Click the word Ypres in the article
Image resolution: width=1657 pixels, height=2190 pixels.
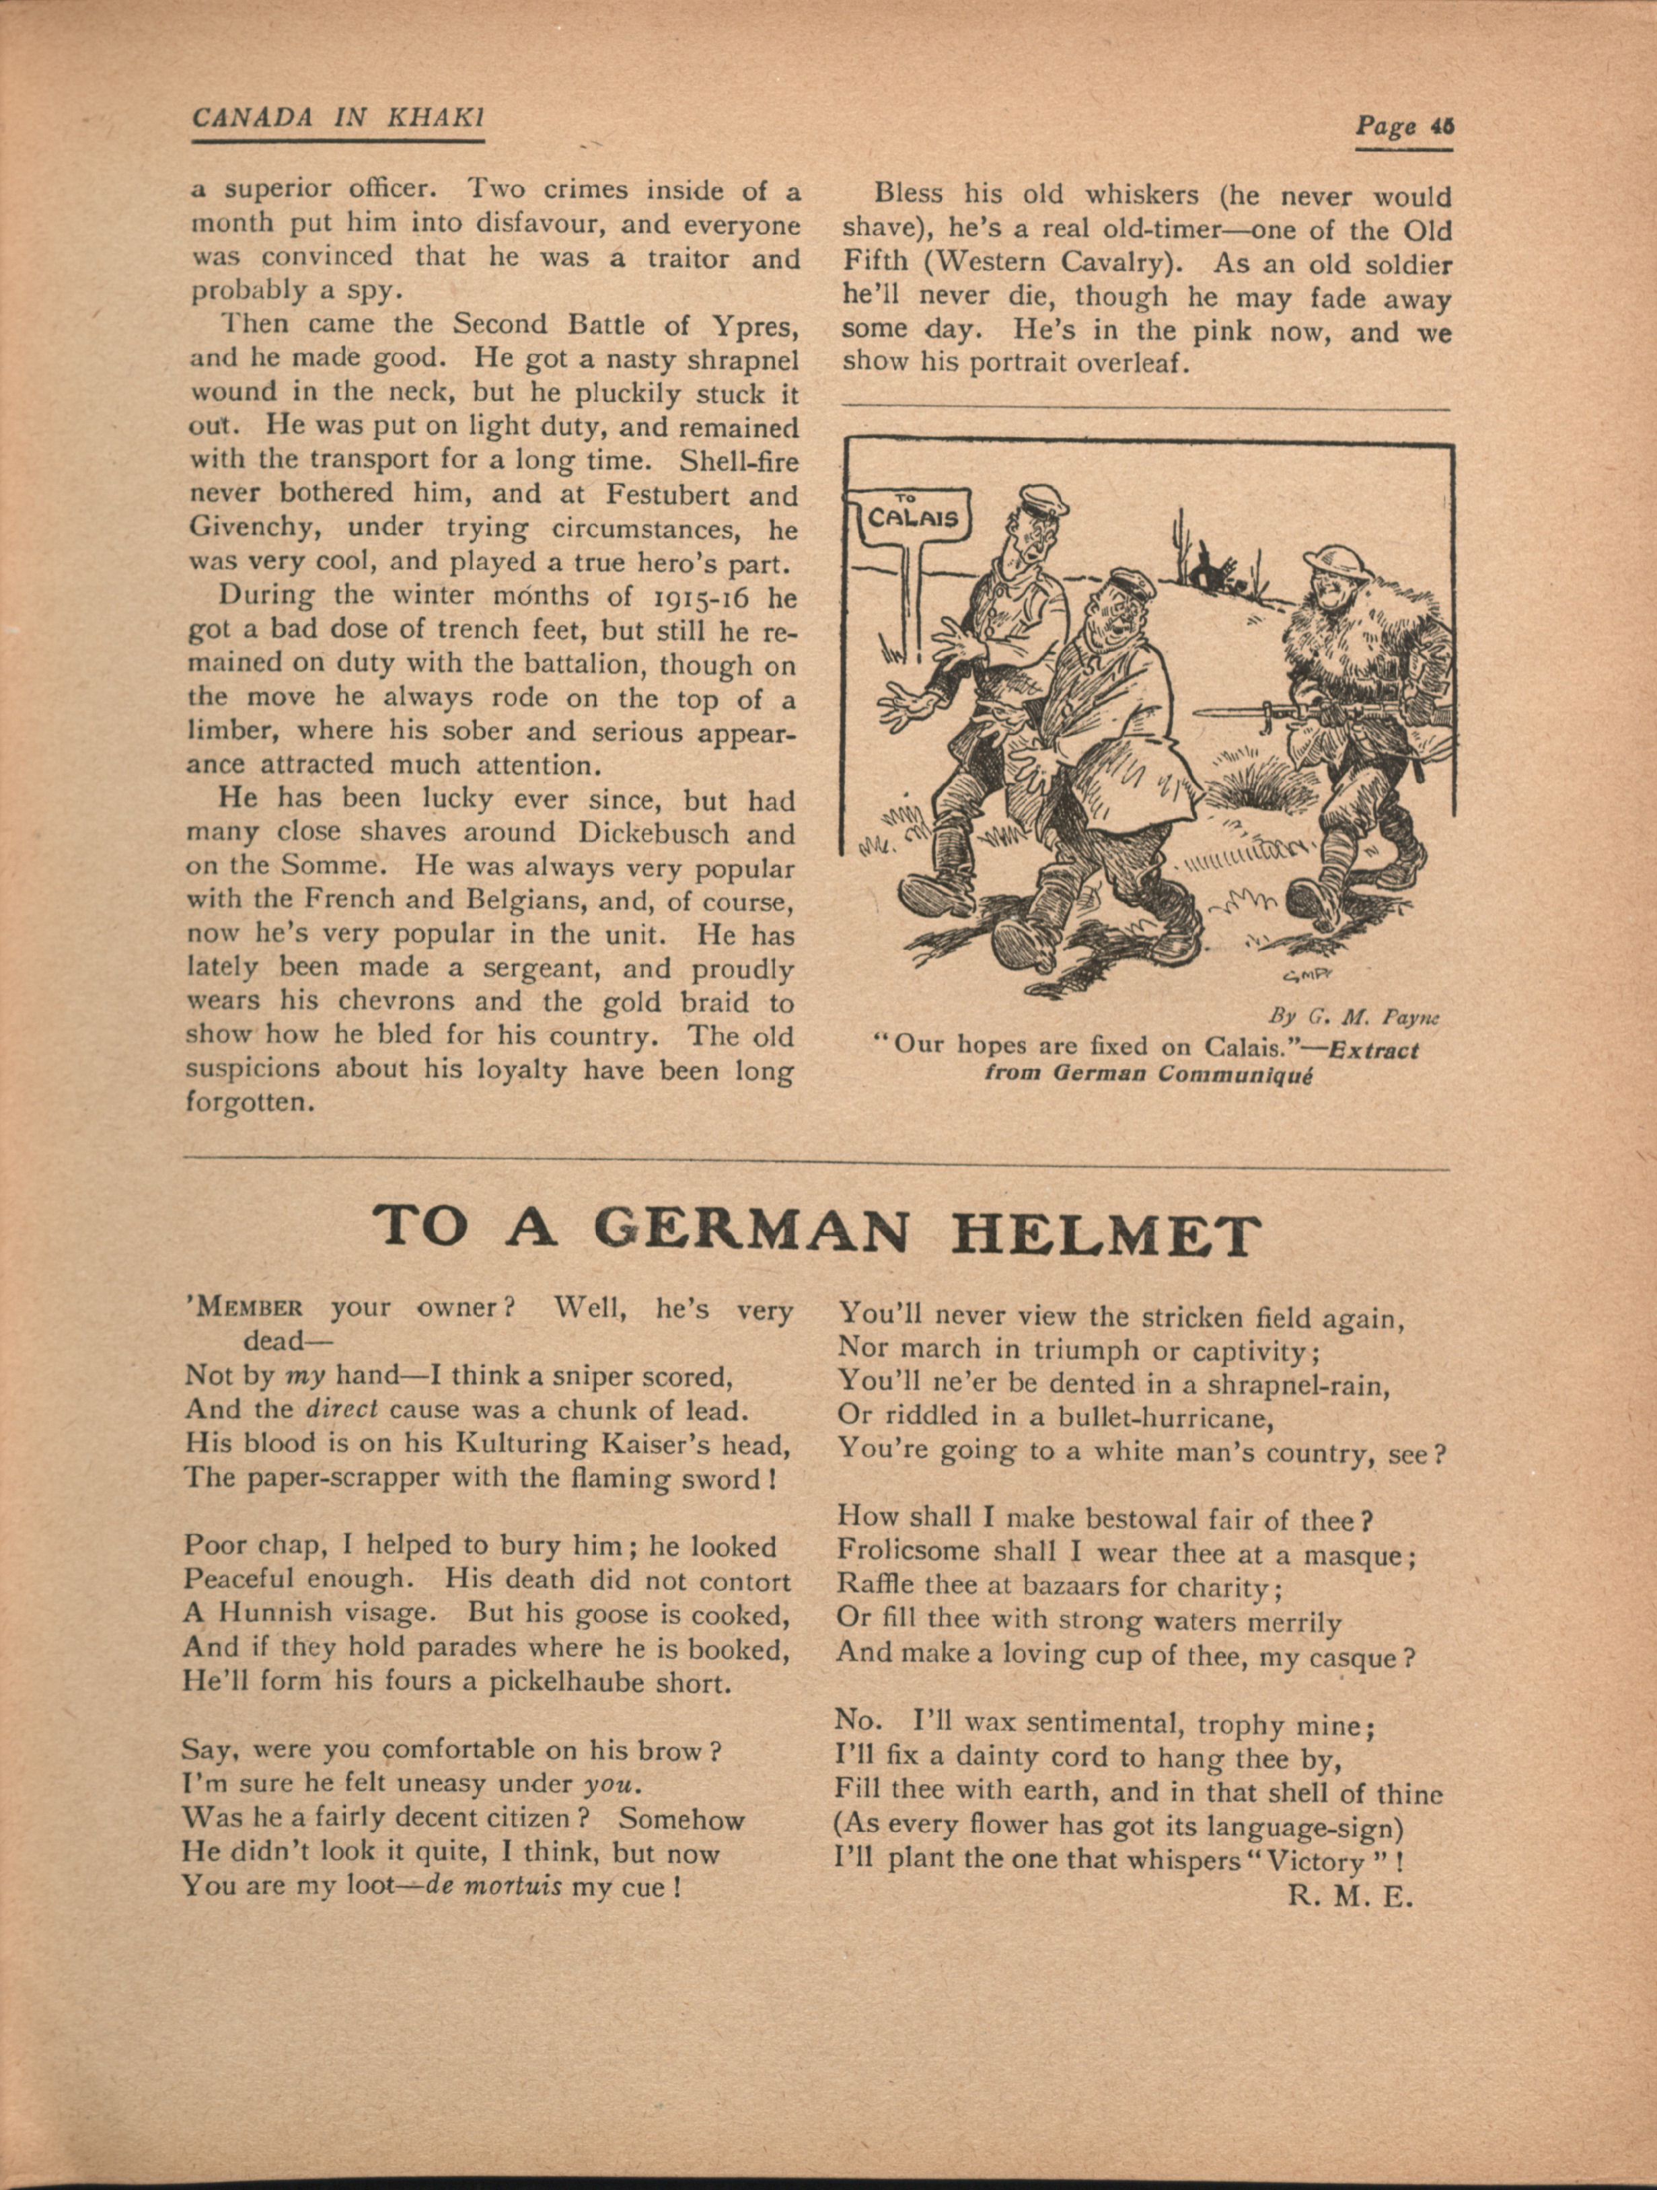click(x=761, y=325)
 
